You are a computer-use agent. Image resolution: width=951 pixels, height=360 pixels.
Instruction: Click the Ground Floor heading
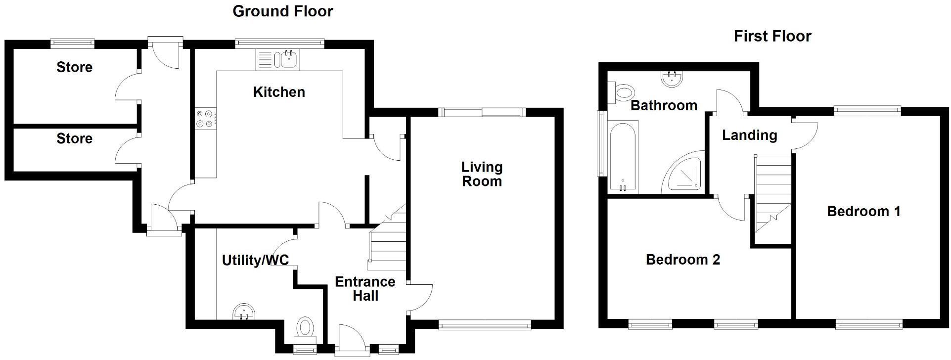tap(282, 11)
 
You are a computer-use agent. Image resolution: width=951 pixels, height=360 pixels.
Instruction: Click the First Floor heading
tap(772, 36)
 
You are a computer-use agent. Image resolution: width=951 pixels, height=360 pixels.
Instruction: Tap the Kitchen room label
tap(279, 92)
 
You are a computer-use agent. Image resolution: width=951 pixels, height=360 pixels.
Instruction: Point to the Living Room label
tap(481, 174)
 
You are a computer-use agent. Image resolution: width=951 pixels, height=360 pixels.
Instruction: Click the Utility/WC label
tap(255, 260)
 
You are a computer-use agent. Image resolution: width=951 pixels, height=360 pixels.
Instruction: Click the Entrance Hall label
tap(365, 289)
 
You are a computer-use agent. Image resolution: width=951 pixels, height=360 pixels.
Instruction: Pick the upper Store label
tap(74, 67)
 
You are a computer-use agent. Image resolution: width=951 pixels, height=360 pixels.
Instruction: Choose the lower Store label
tap(74, 138)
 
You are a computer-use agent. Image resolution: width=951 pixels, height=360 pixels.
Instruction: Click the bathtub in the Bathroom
tap(624, 157)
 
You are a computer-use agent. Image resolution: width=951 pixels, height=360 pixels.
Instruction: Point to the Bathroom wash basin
tap(671, 79)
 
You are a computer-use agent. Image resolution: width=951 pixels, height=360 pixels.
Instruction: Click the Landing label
tap(749, 135)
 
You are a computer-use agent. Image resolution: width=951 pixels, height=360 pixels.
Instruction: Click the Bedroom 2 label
tap(682, 260)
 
